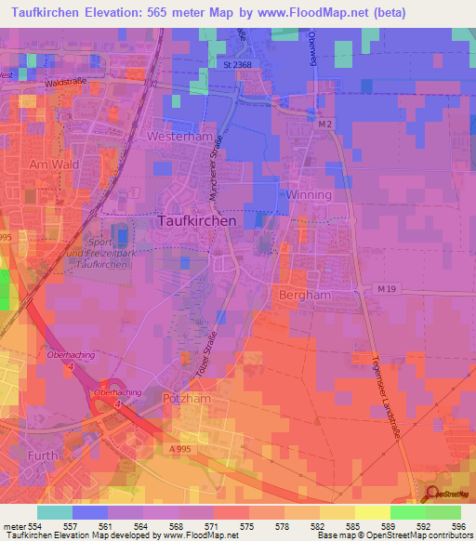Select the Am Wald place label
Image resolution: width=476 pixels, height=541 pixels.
pos(51,165)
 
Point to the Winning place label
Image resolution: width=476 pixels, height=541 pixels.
pos(309,195)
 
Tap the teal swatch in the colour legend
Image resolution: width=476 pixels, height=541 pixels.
pos(54,512)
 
